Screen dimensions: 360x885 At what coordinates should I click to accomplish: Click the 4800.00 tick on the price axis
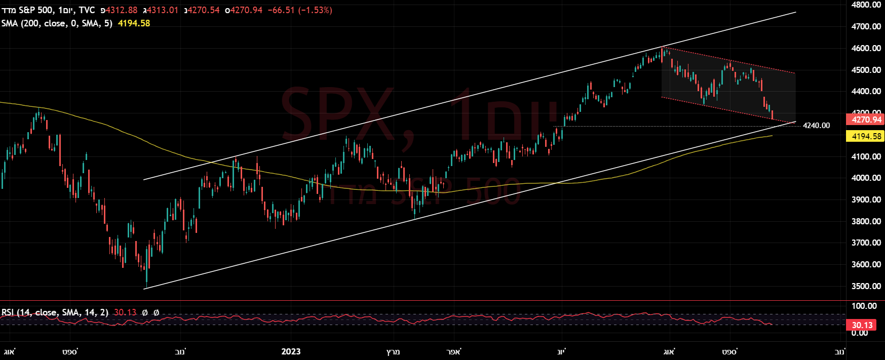tap(866, 5)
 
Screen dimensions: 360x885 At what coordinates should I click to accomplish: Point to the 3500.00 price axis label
tap(866, 286)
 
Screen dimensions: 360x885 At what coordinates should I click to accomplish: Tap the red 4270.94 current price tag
tap(866, 120)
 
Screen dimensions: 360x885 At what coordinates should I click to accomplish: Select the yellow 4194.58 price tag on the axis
tap(866, 136)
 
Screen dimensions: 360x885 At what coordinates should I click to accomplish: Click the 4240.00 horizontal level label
tap(816, 126)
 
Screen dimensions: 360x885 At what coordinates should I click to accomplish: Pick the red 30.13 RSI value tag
tap(862, 325)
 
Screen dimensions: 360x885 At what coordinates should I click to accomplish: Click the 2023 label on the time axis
tap(291, 351)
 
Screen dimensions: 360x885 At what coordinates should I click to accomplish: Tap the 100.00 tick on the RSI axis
tap(864, 306)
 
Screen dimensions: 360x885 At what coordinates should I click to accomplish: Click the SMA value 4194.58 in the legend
tap(134, 23)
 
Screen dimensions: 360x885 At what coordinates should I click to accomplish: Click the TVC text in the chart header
tap(87, 10)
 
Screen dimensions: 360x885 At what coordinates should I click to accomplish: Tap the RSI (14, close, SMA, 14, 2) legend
tap(55, 312)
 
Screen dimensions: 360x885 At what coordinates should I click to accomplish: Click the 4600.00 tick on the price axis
tap(866, 48)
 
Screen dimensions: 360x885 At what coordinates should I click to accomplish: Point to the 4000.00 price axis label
tap(866, 178)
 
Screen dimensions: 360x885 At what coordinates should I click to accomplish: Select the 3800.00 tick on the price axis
tap(866, 221)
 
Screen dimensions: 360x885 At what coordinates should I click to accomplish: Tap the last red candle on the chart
tap(772, 115)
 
